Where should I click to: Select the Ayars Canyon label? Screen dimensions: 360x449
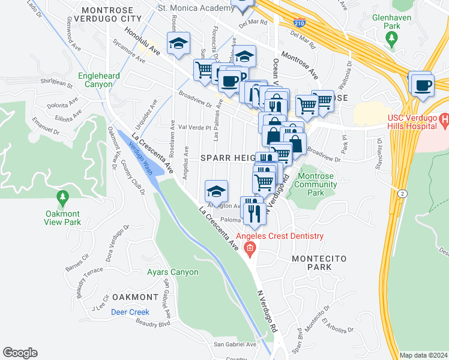pyautogui.click(x=164, y=272)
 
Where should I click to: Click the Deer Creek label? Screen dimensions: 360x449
pyautogui.click(x=130, y=312)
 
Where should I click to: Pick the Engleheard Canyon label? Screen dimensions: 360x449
pyautogui.click(x=95, y=80)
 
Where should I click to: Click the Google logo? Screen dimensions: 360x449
pyautogui.click(x=20, y=353)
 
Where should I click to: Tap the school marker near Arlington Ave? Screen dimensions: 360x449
pyautogui.click(x=216, y=191)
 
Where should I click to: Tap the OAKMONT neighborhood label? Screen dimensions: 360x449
pyautogui.click(x=135, y=297)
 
